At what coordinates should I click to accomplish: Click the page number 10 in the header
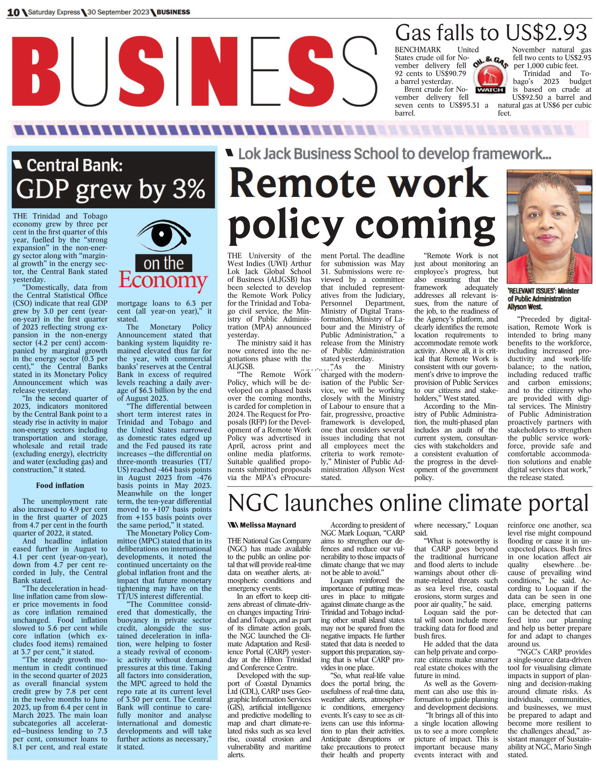[13, 12]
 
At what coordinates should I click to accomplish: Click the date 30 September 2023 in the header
[118, 12]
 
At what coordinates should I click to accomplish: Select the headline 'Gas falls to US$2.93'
[491, 33]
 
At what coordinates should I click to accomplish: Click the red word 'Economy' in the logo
[163, 280]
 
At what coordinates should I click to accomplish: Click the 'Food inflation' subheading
[60, 485]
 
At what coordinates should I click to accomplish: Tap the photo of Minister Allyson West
[549, 226]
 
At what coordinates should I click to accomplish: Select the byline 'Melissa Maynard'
[267, 525]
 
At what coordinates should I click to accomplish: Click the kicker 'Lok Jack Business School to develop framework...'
[394, 154]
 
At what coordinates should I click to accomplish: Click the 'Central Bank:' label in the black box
[74, 165]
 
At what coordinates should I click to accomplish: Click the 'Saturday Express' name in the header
[54, 12]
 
